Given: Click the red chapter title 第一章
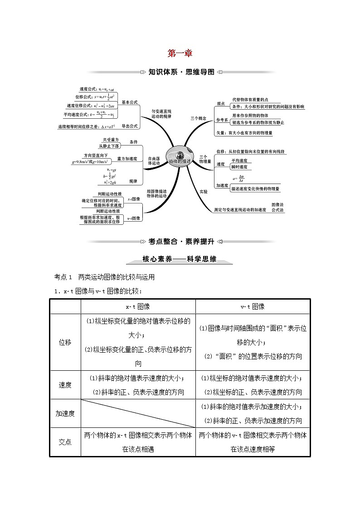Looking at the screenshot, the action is coord(180,53).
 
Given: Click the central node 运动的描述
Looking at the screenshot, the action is coord(180,161).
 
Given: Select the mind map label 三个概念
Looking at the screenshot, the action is coord(198,118).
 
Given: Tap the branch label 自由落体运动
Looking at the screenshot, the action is coord(155,161).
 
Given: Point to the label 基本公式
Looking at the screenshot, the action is coord(129,103).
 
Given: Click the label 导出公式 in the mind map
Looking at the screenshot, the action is coord(129,126).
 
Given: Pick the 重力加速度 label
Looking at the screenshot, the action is coord(127,159).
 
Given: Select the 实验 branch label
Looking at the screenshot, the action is coord(204,192).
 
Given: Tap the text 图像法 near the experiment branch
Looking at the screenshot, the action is coord(277,204).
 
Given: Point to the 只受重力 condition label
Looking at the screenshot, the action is coord(111,139).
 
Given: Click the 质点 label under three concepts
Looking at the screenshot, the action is coord(221,104).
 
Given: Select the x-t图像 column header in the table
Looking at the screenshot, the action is coord(138,306).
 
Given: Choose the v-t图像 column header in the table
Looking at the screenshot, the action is coord(253,306).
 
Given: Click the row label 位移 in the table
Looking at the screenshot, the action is coord(65,342).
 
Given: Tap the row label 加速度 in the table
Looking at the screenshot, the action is coord(65,413).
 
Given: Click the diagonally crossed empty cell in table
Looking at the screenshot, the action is coord(138,413).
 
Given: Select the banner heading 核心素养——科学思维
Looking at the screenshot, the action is coord(180,260).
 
